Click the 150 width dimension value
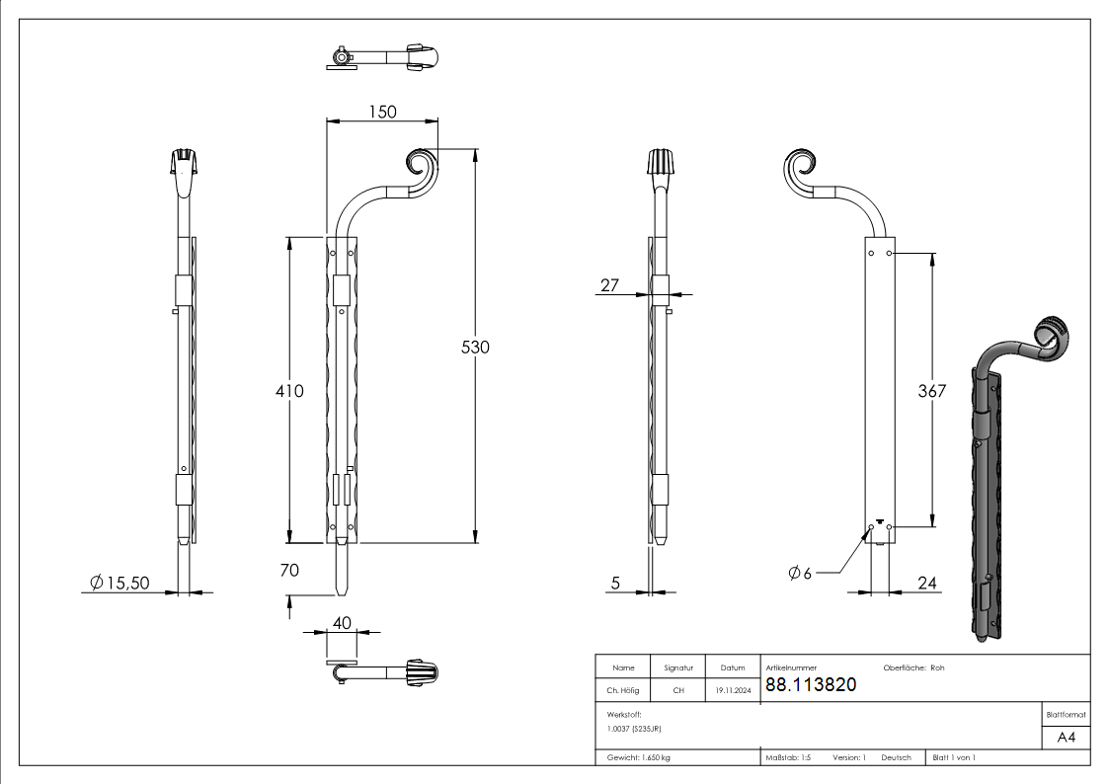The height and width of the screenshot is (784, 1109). point(382,112)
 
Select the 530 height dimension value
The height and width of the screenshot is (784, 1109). point(476,347)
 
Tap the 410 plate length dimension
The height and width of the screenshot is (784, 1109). point(289,391)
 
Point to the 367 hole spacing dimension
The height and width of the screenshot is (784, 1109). point(931,391)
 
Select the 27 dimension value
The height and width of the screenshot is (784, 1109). point(609,285)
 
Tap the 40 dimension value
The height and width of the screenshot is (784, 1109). point(342,623)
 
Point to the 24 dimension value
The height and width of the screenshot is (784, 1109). point(926,584)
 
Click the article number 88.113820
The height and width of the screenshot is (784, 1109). point(811,684)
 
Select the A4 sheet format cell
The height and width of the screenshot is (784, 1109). point(1067,738)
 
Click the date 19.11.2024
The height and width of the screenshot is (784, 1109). point(733,691)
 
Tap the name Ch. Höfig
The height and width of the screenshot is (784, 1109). point(623,691)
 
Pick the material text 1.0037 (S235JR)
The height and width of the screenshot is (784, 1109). point(634,728)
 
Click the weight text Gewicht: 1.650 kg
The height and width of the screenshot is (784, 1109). point(639,757)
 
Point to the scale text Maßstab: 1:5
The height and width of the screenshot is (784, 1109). point(788,757)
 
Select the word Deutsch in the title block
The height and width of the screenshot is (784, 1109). point(896,757)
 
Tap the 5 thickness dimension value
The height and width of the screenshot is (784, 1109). point(615,584)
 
